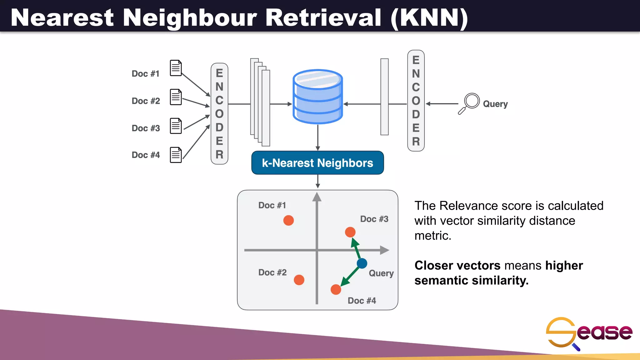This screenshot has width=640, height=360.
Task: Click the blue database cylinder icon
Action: pos(317,97)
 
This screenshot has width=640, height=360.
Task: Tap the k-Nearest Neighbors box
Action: pos(317,163)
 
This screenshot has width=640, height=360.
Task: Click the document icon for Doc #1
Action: pos(176,68)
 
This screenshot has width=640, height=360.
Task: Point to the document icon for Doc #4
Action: pos(176,155)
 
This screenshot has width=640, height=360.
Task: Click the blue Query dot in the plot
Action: pos(362,263)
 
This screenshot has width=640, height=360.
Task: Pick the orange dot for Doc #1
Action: pos(288,220)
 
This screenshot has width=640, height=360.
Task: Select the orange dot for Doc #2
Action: pos(299,280)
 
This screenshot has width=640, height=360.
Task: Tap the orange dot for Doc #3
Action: pos(350,232)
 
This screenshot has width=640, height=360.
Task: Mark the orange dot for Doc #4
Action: pos(336,290)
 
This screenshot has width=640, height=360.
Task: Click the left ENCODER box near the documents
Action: pos(219,114)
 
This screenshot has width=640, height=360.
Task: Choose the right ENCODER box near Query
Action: pos(416,101)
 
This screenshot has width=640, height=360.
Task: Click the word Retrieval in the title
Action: pos(323,17)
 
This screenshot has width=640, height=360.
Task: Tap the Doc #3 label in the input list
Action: pos(146,128)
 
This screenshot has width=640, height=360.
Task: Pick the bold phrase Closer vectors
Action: pos(457,266)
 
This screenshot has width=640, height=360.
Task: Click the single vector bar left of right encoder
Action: pos(384,97)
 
